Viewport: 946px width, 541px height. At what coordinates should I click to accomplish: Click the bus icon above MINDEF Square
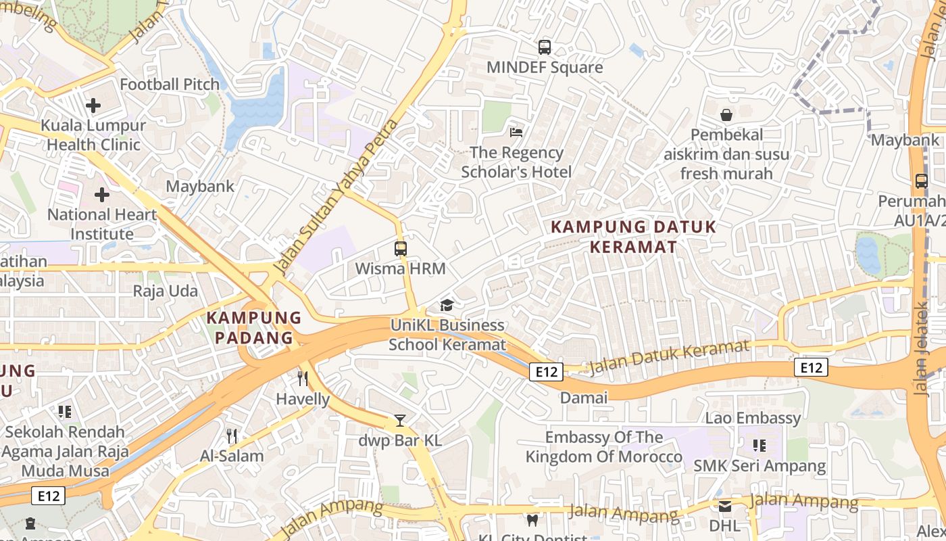544,47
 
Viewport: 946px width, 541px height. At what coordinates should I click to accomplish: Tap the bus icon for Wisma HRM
401,248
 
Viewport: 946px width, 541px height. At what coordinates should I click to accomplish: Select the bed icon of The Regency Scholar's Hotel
516,132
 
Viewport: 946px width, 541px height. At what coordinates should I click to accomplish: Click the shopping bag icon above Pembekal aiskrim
726,114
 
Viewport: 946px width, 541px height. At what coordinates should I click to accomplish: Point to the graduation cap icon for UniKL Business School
447,305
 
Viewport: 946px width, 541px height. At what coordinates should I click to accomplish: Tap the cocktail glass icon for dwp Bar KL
400,421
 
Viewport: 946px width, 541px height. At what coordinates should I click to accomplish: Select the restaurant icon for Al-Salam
232,436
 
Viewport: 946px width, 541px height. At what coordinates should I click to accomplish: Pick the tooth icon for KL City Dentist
532,520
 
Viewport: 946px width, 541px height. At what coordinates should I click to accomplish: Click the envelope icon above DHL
725,506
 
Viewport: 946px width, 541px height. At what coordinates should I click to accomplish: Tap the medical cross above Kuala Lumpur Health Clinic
93,105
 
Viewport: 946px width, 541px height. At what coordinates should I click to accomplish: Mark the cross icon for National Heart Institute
102,195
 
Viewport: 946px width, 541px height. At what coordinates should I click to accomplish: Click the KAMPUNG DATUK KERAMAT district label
633,237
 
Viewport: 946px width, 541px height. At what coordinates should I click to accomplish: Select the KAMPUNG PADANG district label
254,327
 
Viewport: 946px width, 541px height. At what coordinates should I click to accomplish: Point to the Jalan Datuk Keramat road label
669,358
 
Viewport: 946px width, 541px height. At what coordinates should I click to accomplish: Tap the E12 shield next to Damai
546,371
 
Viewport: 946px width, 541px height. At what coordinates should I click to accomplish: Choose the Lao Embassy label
753,418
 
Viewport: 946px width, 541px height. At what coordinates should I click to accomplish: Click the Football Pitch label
170,85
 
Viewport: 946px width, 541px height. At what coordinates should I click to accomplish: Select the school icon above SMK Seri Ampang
760,446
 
